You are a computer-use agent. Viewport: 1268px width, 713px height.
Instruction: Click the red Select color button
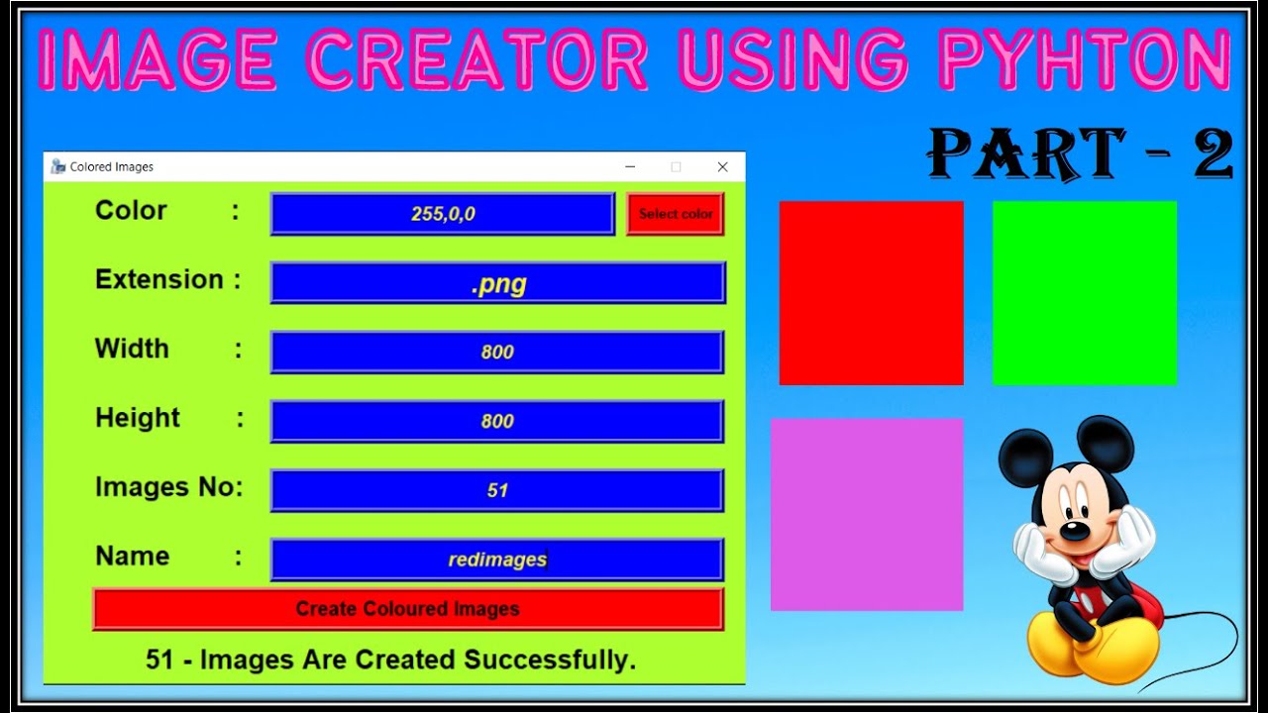[x=676, y=214]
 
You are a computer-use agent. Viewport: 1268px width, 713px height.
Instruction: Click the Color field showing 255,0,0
[x=443, y=214]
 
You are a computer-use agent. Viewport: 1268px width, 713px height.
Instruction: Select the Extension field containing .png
[x=497, y=283]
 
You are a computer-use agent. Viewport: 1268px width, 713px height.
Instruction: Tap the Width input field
[x=497, y=353]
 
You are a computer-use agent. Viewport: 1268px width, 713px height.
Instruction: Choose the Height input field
[x=497, y=421]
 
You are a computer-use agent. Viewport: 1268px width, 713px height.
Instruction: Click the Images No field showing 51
[x=497, y=490]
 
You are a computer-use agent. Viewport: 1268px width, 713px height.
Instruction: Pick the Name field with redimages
[x=497, y=560]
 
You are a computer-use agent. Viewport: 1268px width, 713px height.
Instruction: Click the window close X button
[x=722, y=167]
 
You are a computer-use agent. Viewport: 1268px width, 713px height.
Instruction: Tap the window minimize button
[x=630, y=167]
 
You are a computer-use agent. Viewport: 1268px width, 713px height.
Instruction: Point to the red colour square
[x=871, y=293]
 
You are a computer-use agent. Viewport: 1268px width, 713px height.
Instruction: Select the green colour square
[x=1085, y=293]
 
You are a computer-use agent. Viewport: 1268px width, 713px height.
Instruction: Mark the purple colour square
[x=867, y=515]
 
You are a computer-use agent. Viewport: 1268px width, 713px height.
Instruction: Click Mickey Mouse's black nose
[x=1072, y=532]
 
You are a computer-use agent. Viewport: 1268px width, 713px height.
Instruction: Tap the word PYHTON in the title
[x=1085, y=61]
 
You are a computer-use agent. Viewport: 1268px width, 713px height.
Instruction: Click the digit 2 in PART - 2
[x=1213, y=155]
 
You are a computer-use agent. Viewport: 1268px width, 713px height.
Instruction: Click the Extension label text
[x=159, y=280]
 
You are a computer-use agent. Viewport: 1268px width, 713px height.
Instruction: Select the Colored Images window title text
[x=111, y=167]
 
